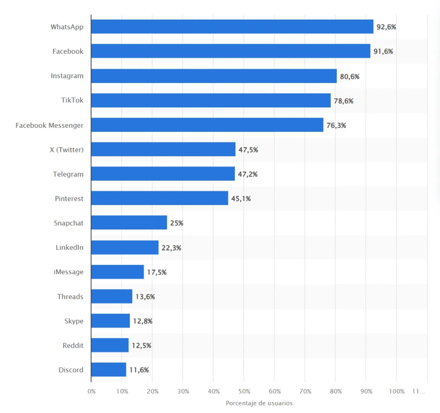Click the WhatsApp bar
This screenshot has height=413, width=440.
point(232,27)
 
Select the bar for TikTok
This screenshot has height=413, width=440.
point(211,100)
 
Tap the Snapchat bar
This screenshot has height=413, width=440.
point(129,223)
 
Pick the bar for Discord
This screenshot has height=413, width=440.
point(109,370)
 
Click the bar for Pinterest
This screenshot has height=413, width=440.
point(159,198)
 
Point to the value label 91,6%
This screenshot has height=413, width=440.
point(383,51)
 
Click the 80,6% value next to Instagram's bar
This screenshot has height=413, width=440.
point(349,76)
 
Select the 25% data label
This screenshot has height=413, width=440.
point(177,223)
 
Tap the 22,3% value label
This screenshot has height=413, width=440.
point(171,248)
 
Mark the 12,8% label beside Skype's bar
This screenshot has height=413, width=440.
point(143,321)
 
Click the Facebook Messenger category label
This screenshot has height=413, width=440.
point(49,125)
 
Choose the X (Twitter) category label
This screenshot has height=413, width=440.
point(66,150)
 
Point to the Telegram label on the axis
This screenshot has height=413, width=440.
point(68,174)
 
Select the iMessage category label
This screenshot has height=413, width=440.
point(69,272)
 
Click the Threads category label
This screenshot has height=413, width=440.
point(70,297)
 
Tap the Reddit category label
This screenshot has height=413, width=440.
point(73,346)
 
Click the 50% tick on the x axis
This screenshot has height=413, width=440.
point(244,391)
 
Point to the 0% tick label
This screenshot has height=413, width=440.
point(92,391)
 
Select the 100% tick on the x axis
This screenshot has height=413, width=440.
point(397,391)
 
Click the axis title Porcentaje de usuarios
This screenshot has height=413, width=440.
point(259,403)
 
